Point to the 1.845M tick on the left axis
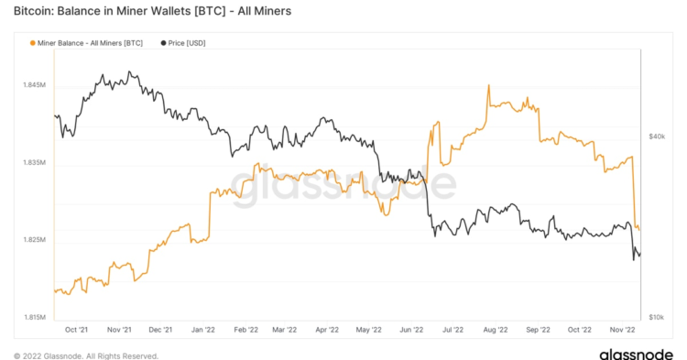[34, 85]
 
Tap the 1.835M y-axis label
[34, 163]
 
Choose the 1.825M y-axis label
[34, 240]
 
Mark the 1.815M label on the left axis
[34, 318]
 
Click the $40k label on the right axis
[656, 136]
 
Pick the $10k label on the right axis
[656, 317]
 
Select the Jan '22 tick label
[203, 330]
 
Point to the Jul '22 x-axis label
[452, 330]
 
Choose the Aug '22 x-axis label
[495, 330]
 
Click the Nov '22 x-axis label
[622, 330]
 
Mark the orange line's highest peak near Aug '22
[488, 85]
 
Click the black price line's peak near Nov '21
[130, 72]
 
